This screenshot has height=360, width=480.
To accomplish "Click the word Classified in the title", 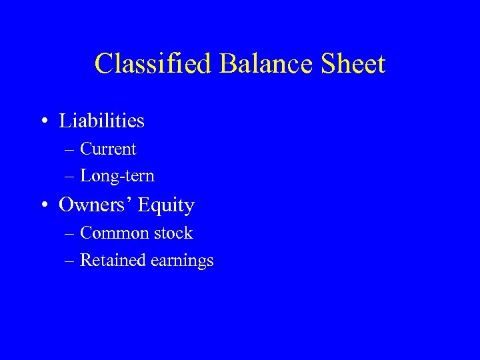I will [153, 64].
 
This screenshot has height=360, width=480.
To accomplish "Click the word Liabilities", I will [101, 121].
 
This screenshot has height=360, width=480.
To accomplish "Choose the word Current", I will [108, 149].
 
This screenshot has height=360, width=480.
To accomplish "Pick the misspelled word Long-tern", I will [117, 177].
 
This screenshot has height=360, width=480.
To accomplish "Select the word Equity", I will [166, 205].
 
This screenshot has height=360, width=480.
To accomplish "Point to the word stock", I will [173, 233].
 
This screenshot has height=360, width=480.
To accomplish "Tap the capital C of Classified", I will [104, 64].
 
